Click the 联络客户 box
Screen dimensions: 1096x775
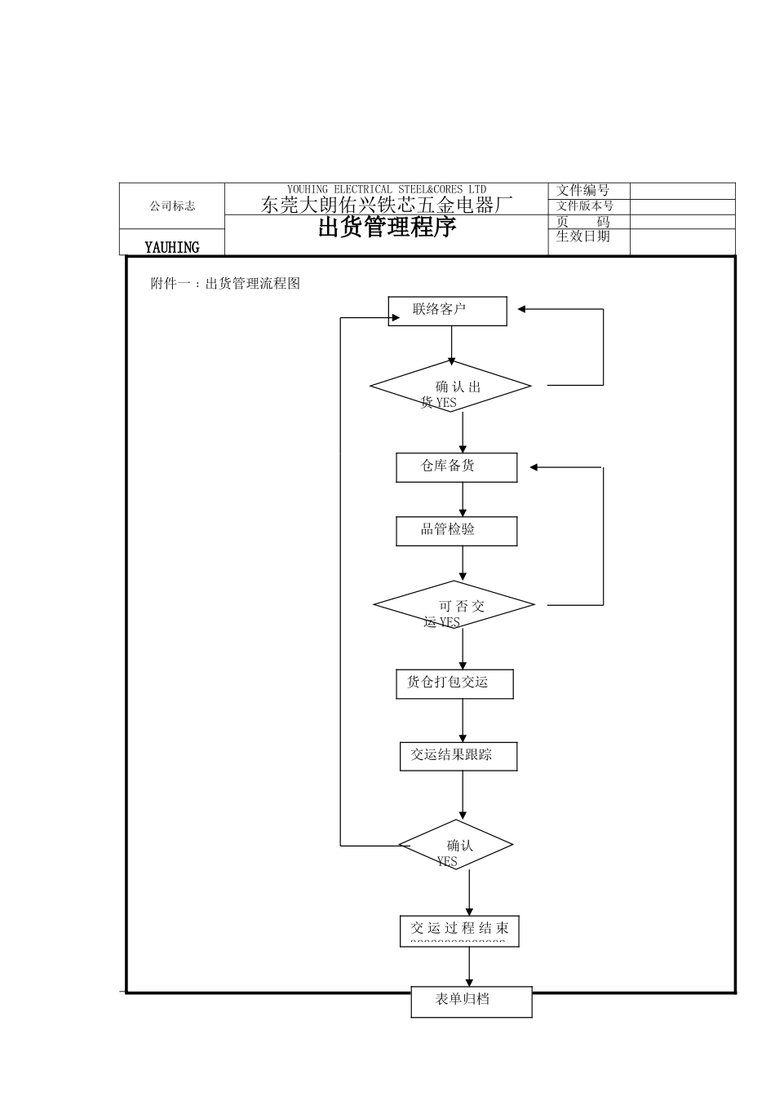pyautogui.click(x=447, y=311)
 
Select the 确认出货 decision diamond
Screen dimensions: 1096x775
pyautogui.click(x=450, y=387)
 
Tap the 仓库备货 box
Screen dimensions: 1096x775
pyautogui.click(x=456, y=467)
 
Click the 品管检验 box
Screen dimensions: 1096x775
pyautogui.click(x=456, y=531)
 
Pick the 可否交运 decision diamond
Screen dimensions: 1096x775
pyautogui.click(x=454, y=605)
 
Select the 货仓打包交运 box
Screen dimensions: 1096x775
pyautogui.click(x=454, y=683)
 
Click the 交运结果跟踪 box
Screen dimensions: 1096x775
pyautogui.click(x=458, y=756)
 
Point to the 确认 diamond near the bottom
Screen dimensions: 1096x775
pyautogui.click(x=455, y=845)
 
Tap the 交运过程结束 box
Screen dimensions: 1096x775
pyautogui.click(x=459, y=930)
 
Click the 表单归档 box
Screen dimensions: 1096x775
pyautogui.click(x=471, y=1001)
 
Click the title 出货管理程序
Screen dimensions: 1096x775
pyautogui.click(x=387, y=228)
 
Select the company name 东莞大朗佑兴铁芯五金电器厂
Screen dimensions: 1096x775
pyautogui.click(x=387, y=205)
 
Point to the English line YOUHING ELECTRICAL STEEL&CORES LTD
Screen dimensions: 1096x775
pyautogui.click(x=387, y=189)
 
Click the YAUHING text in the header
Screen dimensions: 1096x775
pyautogui.click(x=172, y=246)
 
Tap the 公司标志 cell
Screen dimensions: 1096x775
pyautogui.click(x=172, y=206)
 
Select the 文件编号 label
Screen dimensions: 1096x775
pyautogui.click(x=582, y=191)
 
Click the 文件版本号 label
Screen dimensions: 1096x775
pyautogui.click(x=584, y=206)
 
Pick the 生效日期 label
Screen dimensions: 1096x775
pyautogui.click(x=582, y=236)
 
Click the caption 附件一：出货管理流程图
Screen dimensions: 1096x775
pyautogui.click(x=226, y=284)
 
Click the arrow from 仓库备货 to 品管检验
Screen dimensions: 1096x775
pyautogui.click(x=463, y=499)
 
